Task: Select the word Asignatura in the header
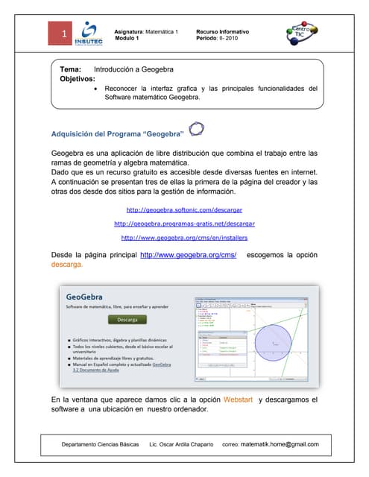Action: click(128, 31)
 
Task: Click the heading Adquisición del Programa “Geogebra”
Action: click(118, 134)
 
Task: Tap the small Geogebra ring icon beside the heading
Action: click(196, 130)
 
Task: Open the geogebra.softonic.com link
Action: click(185, 209)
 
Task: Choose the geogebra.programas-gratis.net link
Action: click(184, 224)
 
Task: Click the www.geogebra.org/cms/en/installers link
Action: click(184, 238)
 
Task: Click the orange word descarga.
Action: click(67, 265)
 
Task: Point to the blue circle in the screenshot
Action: click(279, 342)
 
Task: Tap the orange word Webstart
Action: click(239, 400)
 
